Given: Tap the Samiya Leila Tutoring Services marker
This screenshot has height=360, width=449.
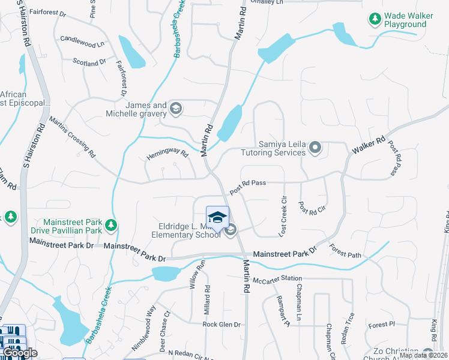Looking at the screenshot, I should click(315, 148).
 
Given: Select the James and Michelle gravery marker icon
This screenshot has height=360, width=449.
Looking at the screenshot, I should click(175, 109).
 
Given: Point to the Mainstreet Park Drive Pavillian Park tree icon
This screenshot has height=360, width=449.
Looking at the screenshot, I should click(110, 226).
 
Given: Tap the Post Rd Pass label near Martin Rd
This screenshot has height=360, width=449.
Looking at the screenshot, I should click(247, 182).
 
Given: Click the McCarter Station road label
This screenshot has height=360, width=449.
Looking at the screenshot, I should click(277, 278).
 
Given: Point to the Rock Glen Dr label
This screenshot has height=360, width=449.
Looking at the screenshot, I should click(221, 325).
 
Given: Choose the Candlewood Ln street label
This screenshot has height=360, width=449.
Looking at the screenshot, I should click(82, 43).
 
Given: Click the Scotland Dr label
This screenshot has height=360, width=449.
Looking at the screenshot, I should click(89, 61).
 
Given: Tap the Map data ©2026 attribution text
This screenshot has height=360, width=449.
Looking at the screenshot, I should click(424, 355).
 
